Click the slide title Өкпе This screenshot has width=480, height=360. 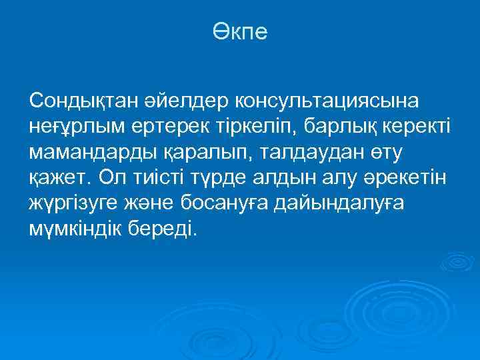240,31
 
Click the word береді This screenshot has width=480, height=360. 167,229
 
